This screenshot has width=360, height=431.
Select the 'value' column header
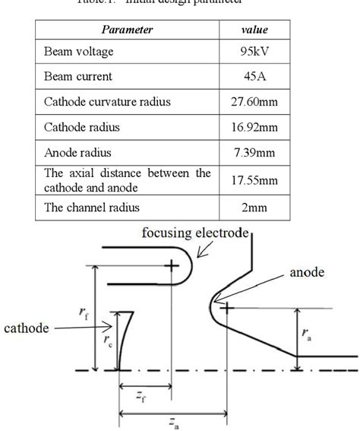pyautogui.click(x=254, y=30)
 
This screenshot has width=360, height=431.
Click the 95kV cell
pyautogui.click(x=254, y=52)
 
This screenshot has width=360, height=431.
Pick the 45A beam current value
pyautogui.click(x=254, y=76)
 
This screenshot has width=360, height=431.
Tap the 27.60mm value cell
pyautogui.click(x=254, y=101)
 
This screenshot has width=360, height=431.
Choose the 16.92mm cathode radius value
pyautogui.click(x=254, y=127)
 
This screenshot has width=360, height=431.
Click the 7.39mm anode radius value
pyautogui.click(x=254, y=152)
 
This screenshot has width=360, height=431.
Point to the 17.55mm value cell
pyautogui.click(x=254, y=179)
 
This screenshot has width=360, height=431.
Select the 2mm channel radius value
pyautogui.click(x=254, y=207)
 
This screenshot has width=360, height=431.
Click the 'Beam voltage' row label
pyautogui.click(x=80, y=52)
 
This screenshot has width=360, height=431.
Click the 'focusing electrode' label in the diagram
pyautogui.click(x=196, y=232)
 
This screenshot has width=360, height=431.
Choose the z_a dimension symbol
pyautogui.click(x=175, y=422)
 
